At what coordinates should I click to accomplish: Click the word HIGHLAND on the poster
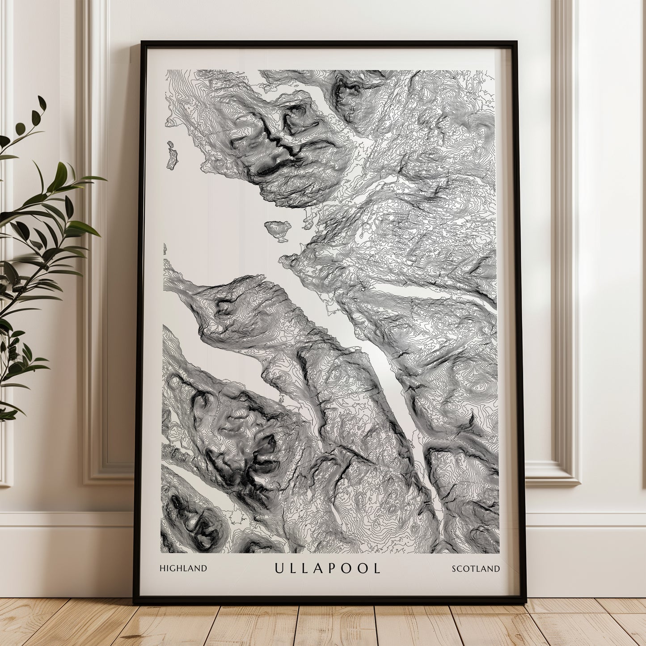point(183,568)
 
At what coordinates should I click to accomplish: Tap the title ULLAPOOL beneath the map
point(327,568)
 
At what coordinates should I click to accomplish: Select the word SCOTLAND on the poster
point(476,569)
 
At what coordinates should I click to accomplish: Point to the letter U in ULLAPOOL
point(279,568)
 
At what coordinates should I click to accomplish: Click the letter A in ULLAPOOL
point(321,568)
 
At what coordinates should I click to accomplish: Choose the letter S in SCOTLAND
point(454,569)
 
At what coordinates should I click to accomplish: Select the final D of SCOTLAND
point(497,569)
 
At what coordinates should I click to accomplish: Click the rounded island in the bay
point(278,230)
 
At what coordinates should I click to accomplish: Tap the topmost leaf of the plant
point(42,103)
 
